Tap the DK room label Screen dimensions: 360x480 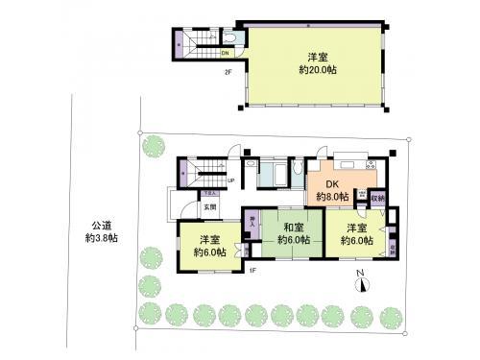(x=331, y=185)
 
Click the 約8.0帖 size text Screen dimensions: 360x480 (x=331, y=198)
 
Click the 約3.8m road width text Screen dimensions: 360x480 (x=100, y=237)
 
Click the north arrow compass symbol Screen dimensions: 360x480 (x=360, y=279)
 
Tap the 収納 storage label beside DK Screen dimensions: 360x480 (x=379, y=198)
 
